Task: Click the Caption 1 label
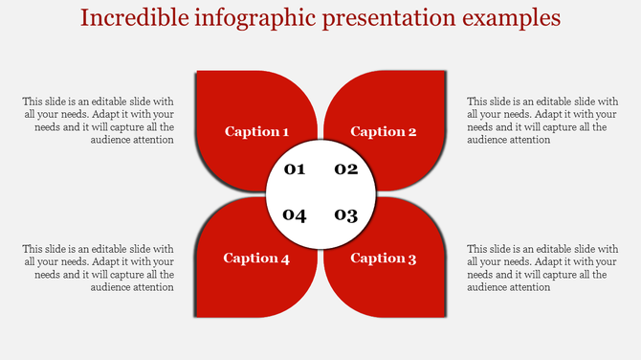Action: tap(256, 132)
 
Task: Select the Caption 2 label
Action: tap(384, 132)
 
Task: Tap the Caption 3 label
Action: tap(384, 259)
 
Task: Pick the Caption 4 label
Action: tap(256, 259)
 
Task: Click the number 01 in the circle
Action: tap(295, 170)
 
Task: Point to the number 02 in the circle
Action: tap(345, 169)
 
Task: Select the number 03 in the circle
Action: tap(345, 214)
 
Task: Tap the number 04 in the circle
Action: tap(295, 214)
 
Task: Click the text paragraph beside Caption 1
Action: tap(99, 120)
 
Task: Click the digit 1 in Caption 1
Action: tap(285, 132)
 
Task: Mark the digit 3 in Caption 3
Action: tap(411, 259)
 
